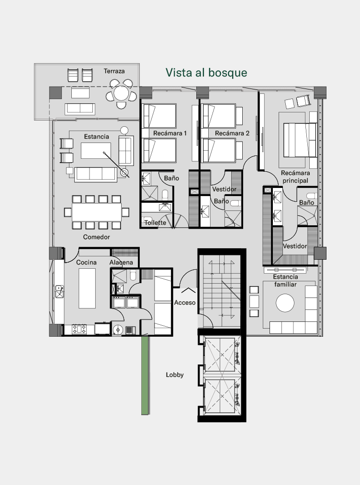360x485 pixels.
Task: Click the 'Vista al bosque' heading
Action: point(206,73)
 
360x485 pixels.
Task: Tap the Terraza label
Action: point(114,71)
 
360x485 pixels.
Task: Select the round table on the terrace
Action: point(121,93)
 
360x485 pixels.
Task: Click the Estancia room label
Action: point(97,136)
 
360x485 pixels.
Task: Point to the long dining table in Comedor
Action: point(97,212)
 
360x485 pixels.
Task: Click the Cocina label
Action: point(86,262)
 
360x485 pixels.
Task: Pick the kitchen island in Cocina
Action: point(87,288)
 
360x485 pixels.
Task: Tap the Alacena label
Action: point(121,262)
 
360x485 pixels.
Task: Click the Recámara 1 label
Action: point(170,133)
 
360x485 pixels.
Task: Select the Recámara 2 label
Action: point(232,133)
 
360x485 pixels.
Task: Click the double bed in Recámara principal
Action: point(300,140)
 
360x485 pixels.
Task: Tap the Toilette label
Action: point(155,222)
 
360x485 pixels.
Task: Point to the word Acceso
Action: point(185,302)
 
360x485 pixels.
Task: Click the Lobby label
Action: point(175,375)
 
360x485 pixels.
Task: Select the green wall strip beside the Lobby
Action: point(145,375)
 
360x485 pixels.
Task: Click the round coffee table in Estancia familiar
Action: point(285,303)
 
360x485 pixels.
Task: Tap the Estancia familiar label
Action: point(285,281)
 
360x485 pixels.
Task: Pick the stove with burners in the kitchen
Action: point(79,329)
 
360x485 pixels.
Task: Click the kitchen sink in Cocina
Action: point(59,292)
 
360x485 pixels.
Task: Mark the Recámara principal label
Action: point(295,176)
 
